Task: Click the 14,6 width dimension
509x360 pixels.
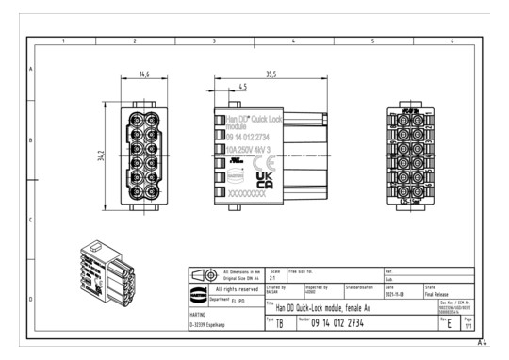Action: click(x=144, y=74)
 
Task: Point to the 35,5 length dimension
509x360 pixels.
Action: click(x=270, y=74)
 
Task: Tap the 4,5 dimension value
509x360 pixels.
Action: click(x=242, y=88)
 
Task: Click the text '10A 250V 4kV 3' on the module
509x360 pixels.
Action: click(x=249, y=149)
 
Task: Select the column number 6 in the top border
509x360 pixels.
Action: click(x=452, y=41)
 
